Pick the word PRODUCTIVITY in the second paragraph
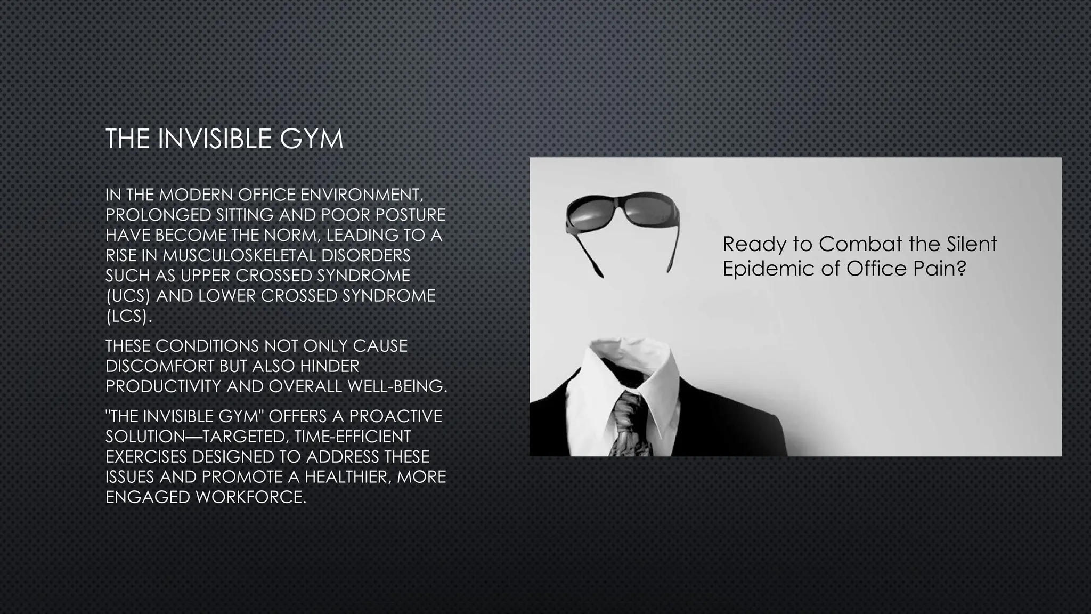pos(164,386)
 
